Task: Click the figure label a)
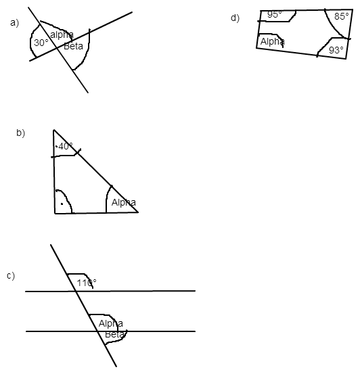14,23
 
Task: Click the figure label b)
20,133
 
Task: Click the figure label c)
11,276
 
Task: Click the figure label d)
235,18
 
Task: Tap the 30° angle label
41,43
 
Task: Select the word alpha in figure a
62,34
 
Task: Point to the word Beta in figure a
73,46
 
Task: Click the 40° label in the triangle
66,146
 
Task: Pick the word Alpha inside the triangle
124,202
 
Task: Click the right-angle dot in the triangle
62,204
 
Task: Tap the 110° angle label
87,283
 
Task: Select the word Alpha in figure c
111,324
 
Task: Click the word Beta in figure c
115,334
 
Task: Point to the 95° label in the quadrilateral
275,15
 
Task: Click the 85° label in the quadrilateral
342,16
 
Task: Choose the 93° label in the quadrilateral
336,50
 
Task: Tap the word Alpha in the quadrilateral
273,41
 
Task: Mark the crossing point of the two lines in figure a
58,48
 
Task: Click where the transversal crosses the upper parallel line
76,291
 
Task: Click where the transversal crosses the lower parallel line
98,331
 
